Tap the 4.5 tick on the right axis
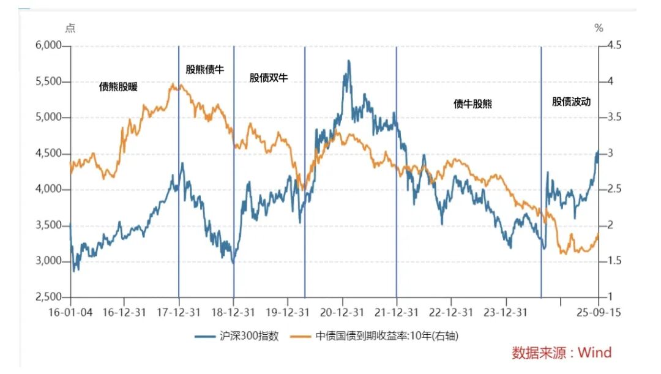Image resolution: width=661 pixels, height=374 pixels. click(612, 46)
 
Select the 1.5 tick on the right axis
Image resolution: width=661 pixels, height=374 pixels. click(612, 261)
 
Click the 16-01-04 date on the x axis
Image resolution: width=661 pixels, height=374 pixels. click(71, 312)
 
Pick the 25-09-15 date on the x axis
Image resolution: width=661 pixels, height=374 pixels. click(598, 312)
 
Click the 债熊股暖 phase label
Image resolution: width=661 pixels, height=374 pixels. click(118, 87)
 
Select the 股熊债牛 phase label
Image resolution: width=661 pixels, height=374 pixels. click(205, 69)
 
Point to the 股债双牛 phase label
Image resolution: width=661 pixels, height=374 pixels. click(268, 78)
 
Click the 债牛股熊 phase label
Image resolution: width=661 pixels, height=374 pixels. click(472, 104)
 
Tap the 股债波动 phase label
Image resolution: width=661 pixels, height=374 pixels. click(571, 102)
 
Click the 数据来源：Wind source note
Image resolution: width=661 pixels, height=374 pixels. click(561, 353)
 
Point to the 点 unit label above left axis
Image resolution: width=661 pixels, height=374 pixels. click(70, 28)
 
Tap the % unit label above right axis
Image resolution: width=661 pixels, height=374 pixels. click(599, 28)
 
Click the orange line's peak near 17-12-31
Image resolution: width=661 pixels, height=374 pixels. click(173, 84)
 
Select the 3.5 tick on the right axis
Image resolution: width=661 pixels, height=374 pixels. click(612, 118)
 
